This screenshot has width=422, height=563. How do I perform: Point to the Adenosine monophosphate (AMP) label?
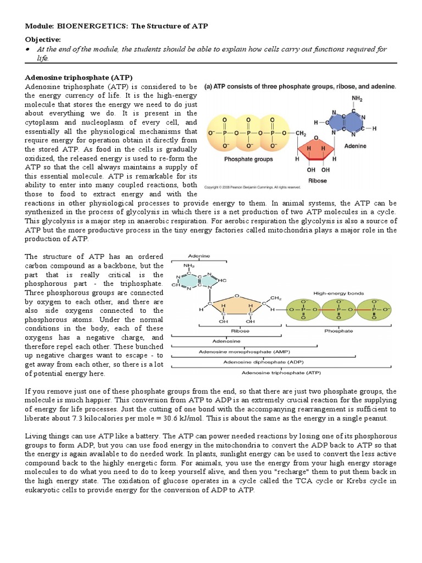click(245, 351)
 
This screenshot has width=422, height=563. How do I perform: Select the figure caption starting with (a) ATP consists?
click(301, 87)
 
